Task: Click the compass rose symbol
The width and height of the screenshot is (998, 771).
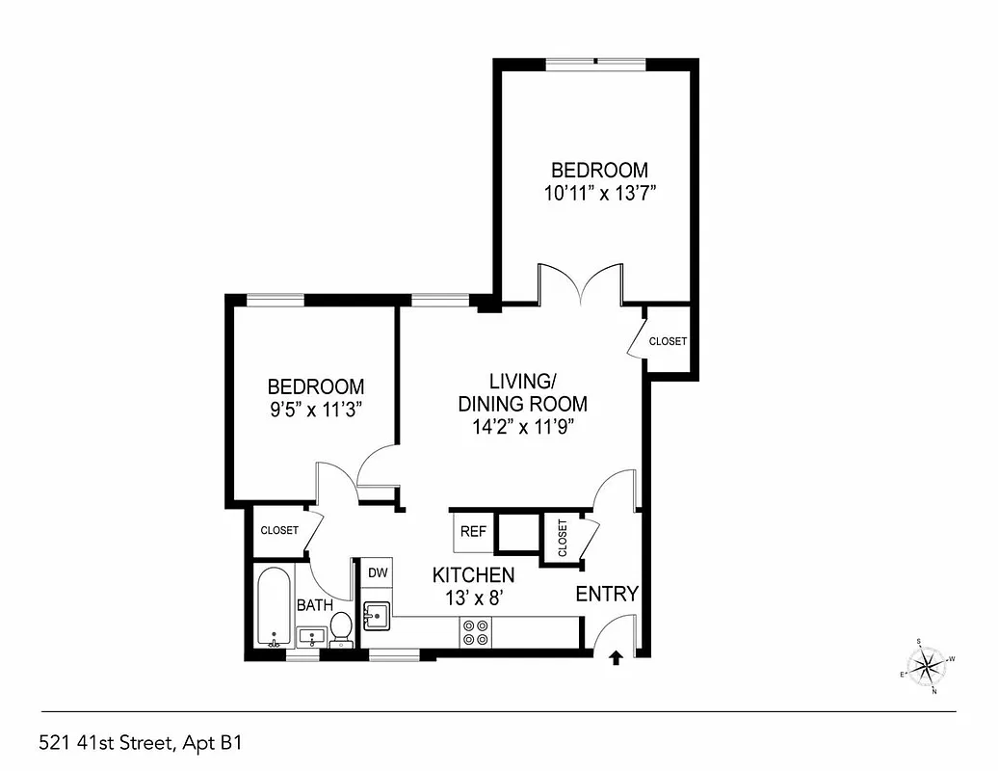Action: [x=928, y=664]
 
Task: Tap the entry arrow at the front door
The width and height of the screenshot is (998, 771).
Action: [x=617, y=658]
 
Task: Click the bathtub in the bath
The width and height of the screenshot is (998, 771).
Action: [x=275, y=607]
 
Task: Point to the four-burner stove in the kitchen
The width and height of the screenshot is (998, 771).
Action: [x=473, y=631]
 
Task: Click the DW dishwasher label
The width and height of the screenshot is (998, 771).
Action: [x=378, y=572]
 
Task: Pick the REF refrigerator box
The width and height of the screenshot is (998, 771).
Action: [x=472, y=531]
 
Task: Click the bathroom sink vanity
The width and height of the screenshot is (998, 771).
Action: [x=310, y=637]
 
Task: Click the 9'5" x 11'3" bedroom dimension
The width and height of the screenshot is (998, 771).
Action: [x=315, y=408]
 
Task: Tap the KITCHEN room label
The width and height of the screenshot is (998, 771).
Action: [x=473, y=575]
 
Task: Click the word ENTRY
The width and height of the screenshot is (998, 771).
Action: [x=607, y=594]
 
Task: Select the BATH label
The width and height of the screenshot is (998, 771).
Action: [x=314, y=605]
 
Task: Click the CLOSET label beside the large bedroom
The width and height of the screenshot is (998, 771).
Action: [x=668, y=341]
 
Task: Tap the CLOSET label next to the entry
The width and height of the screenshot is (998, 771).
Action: [x=561, y=538]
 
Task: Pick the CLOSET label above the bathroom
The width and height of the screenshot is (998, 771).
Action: [x=279, y=530]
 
